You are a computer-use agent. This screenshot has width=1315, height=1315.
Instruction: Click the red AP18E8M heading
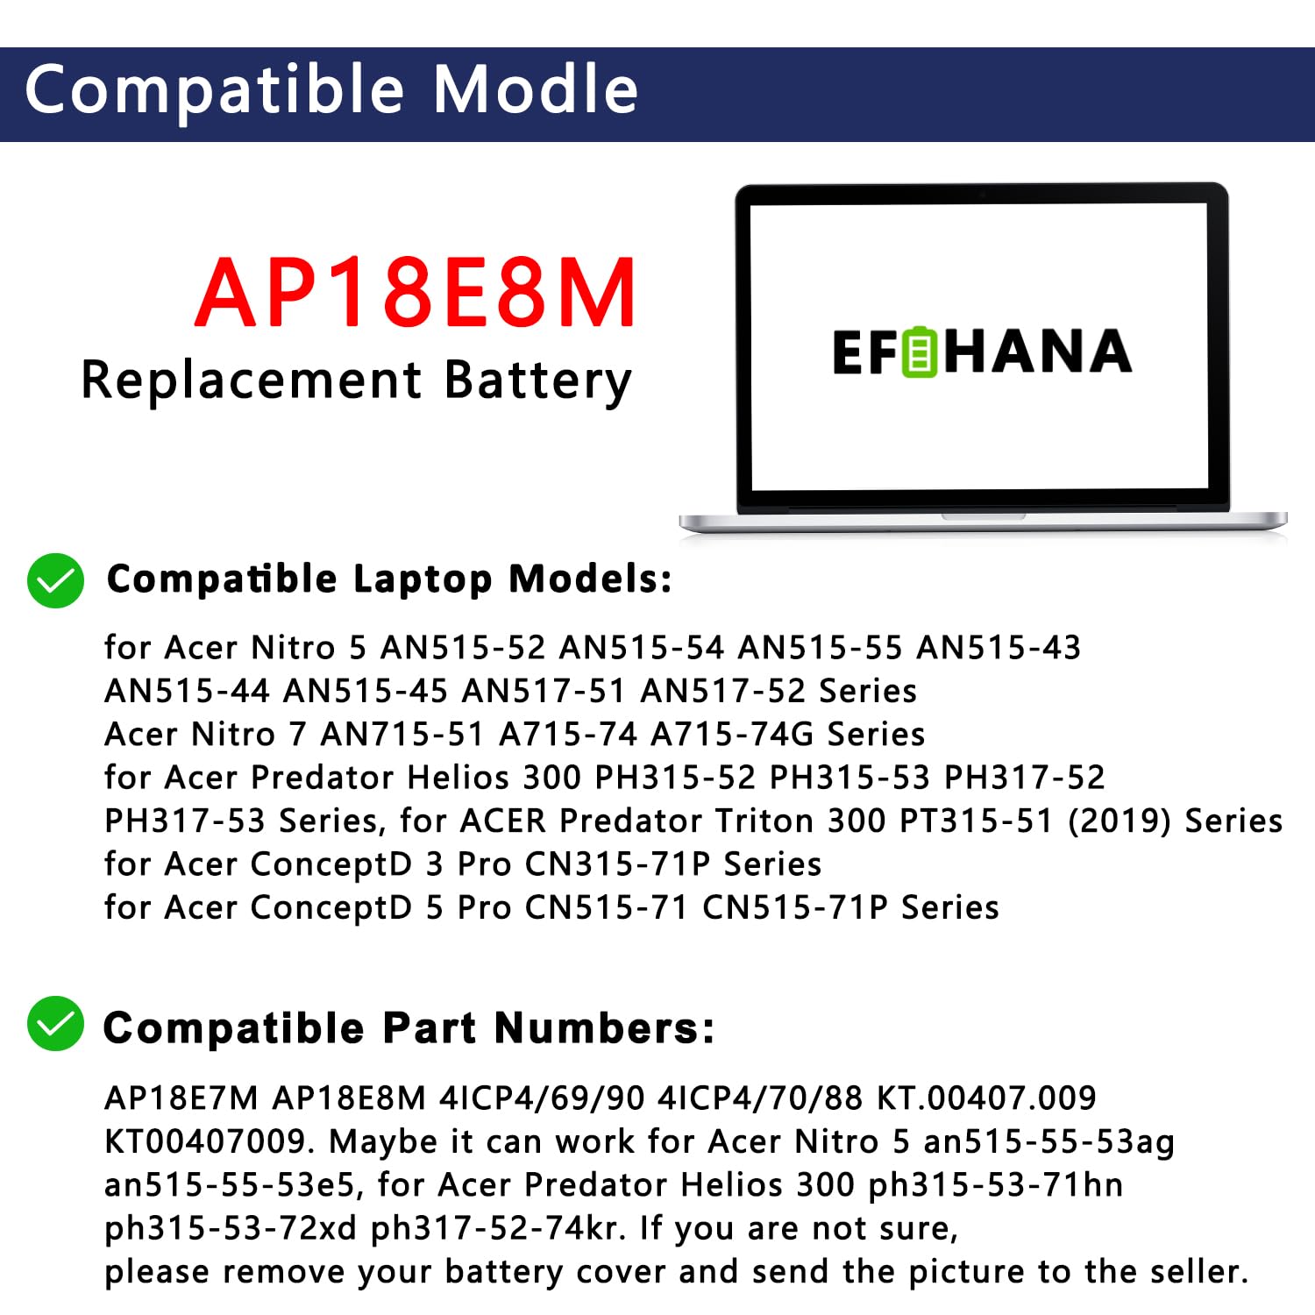(416, 293)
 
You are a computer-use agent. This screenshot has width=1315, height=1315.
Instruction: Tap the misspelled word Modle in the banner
(536, 89)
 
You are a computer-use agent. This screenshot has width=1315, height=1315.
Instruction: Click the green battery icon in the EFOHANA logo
(920, 352)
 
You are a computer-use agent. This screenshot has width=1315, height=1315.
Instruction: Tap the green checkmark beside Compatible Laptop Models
(55, 580)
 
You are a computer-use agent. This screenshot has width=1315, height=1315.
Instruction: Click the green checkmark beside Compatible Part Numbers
(55, 1023)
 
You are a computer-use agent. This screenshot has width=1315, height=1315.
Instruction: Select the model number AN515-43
(999, 648)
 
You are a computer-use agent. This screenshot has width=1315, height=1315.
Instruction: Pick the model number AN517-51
(544, 691)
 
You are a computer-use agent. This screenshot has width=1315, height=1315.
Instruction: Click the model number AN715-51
(402, 734)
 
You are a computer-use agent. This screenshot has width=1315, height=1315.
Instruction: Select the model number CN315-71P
(617, 864)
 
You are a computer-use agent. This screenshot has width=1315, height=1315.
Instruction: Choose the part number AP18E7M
(181, 1098)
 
